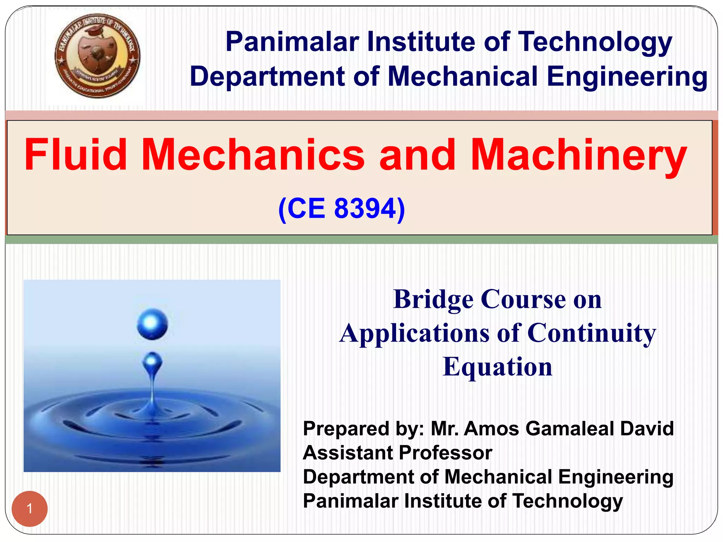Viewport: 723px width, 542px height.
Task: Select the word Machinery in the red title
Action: point(579,155)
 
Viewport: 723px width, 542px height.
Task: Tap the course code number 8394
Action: point(366,208)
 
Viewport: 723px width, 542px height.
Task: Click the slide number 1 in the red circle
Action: point(30,508)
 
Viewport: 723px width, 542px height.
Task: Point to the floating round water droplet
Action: point(152,324)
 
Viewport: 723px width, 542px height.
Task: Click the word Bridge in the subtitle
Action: point(433,299)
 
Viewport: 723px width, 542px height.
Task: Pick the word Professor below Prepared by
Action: point(446,453)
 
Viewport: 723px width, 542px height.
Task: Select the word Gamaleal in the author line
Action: point(570,429)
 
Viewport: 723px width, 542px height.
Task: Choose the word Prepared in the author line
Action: point(340,429)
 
